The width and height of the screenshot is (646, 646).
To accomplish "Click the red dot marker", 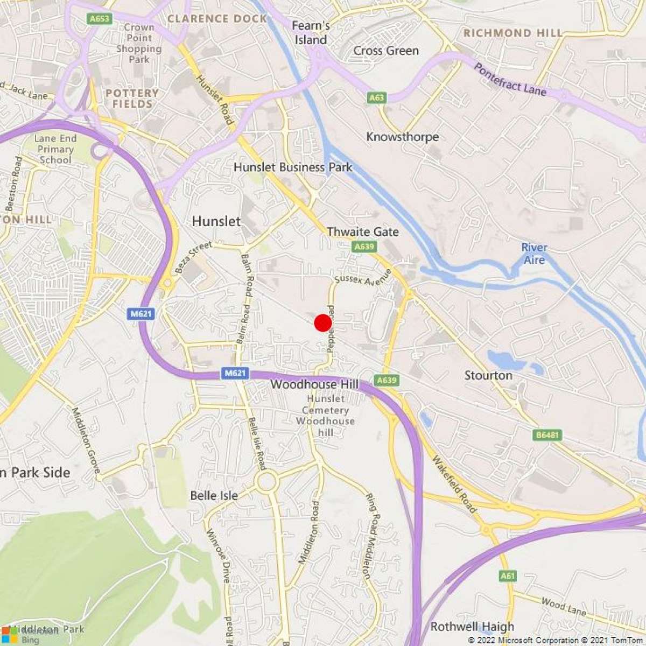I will click(x=322, y=323).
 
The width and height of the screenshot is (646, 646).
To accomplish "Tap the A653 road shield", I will click(x=100, y=19).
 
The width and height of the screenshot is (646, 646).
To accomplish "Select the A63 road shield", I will click(x=377, y=97).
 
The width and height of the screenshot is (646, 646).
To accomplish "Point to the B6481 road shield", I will click(x=548, y=435).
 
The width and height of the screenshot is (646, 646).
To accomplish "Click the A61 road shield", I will click(x=508, y=575).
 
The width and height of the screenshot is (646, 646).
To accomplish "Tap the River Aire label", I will click(x=534, y=254).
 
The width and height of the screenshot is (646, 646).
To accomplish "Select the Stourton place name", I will click(x=488, y=375).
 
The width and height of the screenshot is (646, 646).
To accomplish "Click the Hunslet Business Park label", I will click(x=293, y=167).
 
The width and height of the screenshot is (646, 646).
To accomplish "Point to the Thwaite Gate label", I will click(x=363, y=232).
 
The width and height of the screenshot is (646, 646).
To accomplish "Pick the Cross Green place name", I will click(x=386, y=51).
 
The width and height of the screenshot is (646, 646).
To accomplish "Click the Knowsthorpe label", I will click(x=402, y=137).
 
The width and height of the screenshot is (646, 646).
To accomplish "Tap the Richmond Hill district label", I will click(x=512, y=33).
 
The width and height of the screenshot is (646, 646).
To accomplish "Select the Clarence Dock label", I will click(x=217, y=19).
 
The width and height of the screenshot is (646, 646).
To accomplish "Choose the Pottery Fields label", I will click(x=132, y=98).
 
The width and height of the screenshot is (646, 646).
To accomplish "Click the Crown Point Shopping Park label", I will click(x=139, y=43).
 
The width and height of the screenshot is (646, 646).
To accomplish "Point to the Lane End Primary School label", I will click(x=55, y=149).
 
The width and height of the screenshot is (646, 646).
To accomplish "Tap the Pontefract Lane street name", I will click(x=510, y=79).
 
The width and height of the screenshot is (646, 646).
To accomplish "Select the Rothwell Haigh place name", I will click(x=472, y=627).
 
